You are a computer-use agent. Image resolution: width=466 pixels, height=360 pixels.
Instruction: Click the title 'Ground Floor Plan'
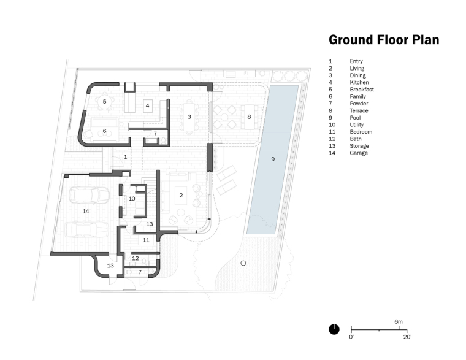click(x=384, y=40)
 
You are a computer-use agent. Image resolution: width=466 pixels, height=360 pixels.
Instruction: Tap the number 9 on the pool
click(x=273, y=159)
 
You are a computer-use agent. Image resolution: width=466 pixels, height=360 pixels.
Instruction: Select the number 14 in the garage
click(x=86, y=211)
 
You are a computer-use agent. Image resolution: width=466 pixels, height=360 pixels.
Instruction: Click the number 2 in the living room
click(x=181, y=195)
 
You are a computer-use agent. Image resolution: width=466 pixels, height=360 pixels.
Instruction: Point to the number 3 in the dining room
click(x=189, y=116)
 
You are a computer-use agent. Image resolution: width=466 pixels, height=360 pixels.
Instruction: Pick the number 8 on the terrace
click(x=249, y=116)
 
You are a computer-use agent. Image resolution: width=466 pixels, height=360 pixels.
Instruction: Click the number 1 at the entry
click(x=125, y=158)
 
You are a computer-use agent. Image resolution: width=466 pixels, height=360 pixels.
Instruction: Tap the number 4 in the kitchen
click(x=147, y=105)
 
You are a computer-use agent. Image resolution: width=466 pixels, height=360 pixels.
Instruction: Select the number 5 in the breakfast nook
click(x=104, y=101)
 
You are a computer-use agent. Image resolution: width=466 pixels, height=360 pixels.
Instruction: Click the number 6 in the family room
click(x=104, y=131)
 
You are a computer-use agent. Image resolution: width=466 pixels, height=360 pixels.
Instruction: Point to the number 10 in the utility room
click(x=131, y=199)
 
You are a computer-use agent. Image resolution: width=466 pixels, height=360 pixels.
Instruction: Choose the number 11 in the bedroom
click(x=146, y=240)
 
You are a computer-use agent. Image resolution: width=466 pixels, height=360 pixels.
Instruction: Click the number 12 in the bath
click(x=135, y=258)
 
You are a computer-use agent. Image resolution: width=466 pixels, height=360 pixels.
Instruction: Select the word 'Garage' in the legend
click(x=359, y=153)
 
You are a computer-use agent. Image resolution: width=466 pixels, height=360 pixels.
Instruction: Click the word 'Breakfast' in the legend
click(x=362, y=90)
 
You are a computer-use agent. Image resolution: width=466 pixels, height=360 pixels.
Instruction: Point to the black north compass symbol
click(x=334, y=329)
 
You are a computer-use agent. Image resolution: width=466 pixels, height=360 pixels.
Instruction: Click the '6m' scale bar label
click(x=399, y=321)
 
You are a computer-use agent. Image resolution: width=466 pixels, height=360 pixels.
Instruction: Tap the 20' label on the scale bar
click(x=407, y=337)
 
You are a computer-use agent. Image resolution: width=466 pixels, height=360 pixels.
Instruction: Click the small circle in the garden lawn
click(x=243, y=263)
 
